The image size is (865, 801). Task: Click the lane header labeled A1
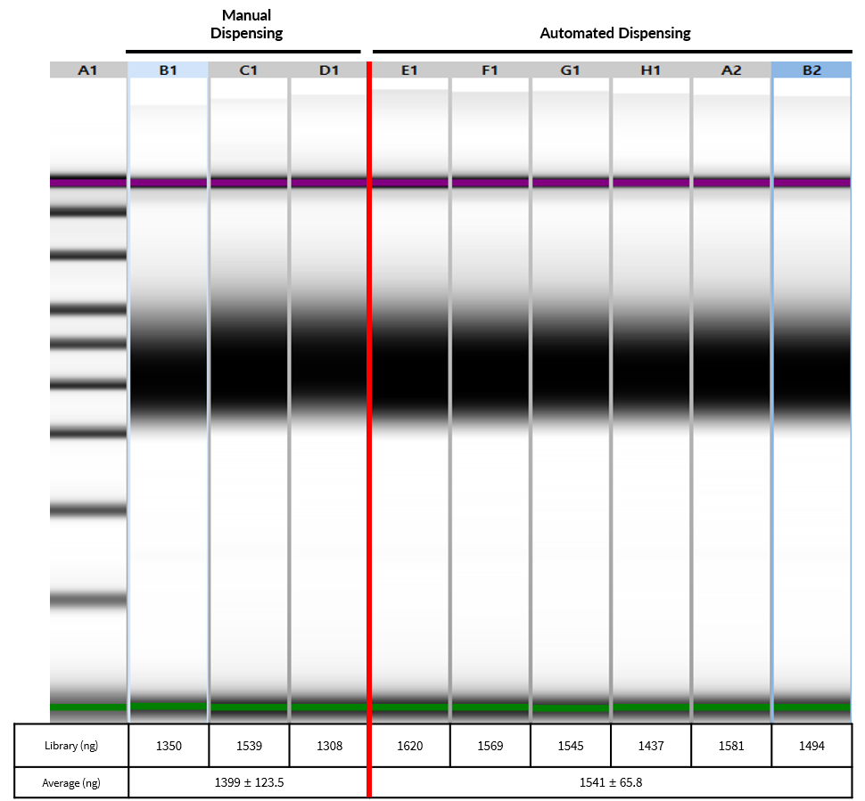(x=87, y=69)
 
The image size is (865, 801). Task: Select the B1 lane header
(x=169, y=69)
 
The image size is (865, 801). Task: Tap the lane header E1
(x=409, y=69)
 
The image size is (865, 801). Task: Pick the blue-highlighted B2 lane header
(x=811, y=69)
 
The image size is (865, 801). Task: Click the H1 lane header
(x=650, y=69)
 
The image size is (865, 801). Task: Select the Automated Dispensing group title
(x=615, y=33)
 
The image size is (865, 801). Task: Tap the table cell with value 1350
(x=169, y=746)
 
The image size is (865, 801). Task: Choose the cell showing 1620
(x=409, y=746)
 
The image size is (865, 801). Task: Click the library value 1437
(x=650, y=746)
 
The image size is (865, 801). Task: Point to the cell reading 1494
(x=811, y=746)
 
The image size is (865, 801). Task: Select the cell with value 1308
(x=329, y=746)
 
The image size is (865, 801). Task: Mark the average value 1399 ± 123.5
(x=249, y=782)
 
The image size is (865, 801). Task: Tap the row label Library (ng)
(x=71, y=746)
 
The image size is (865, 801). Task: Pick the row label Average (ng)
(x=71, y=782)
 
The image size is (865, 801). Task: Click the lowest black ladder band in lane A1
(x=87, y=601)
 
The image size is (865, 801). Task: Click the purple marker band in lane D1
(x=329, y=183)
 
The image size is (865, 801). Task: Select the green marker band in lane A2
(x=730, y=707)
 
